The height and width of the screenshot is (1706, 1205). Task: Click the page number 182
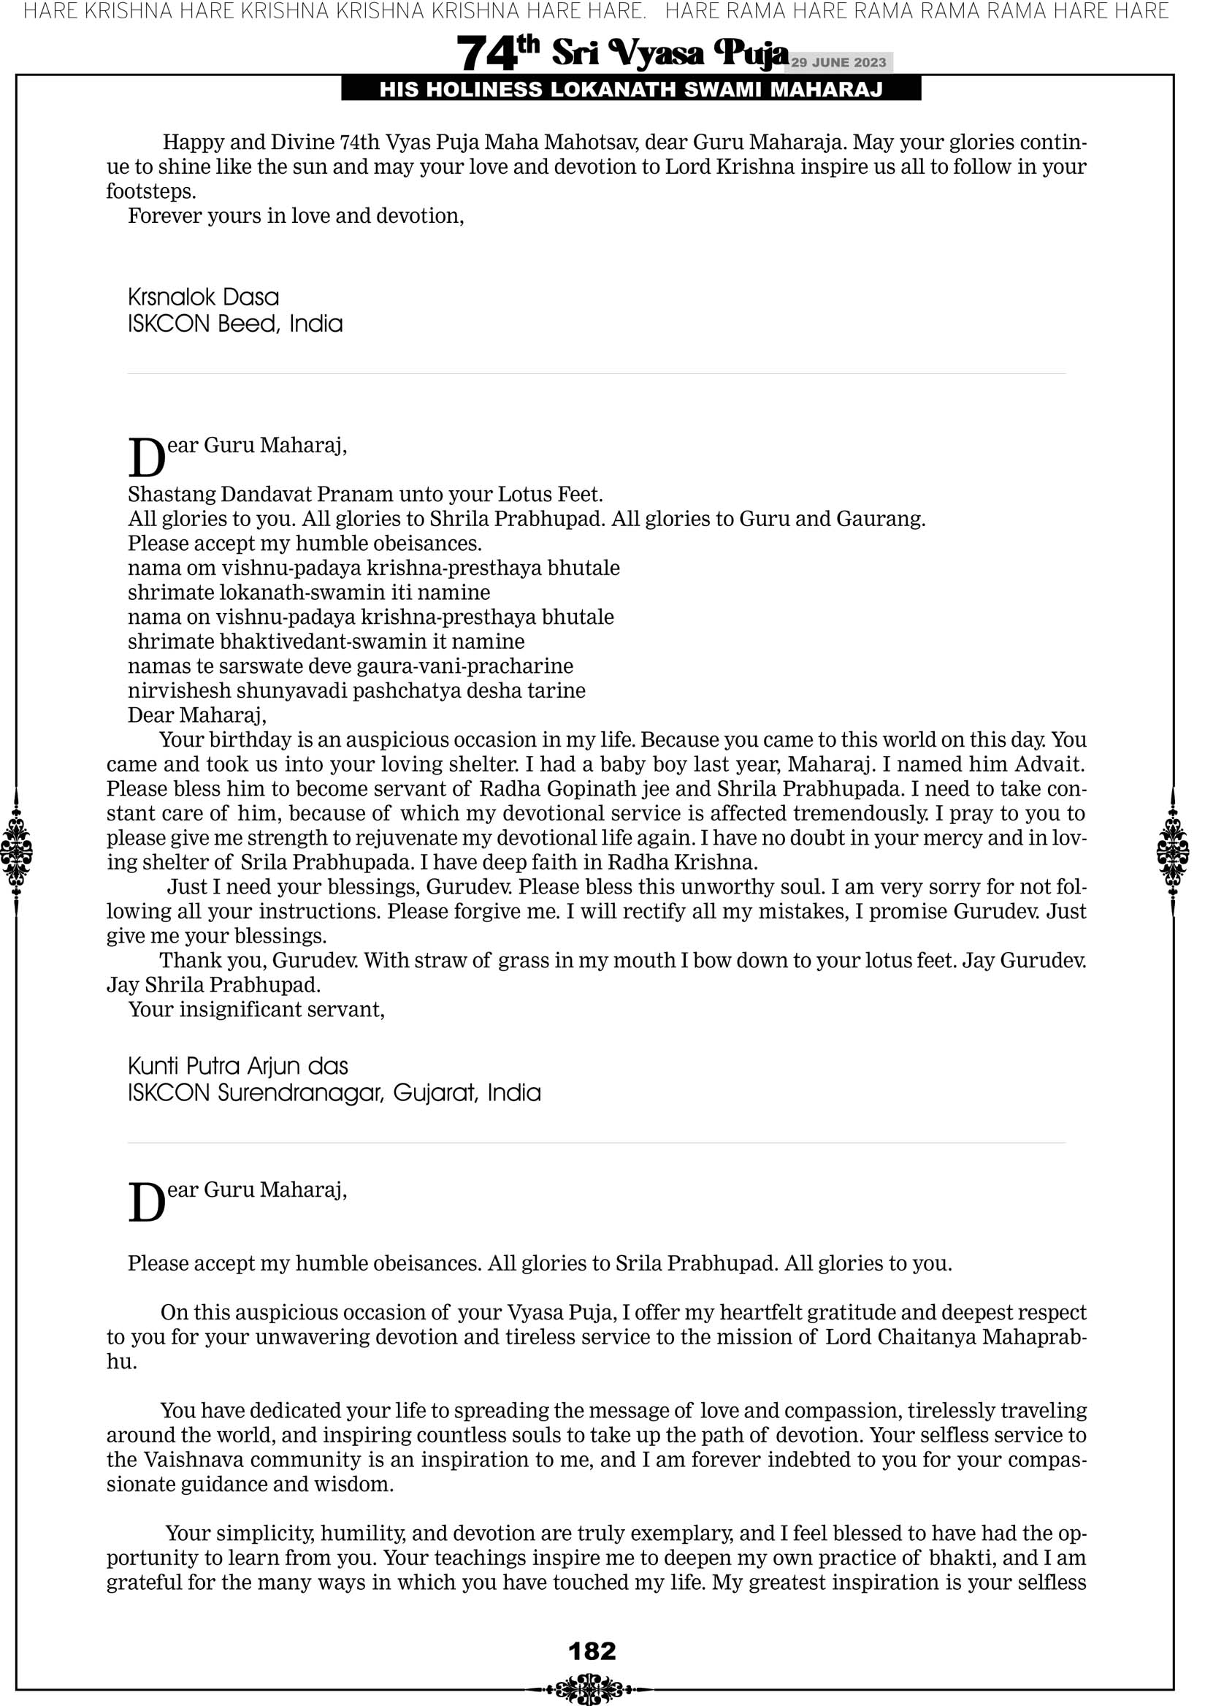point(592,1650)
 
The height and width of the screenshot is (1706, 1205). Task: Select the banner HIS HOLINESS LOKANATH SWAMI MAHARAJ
point(631,90)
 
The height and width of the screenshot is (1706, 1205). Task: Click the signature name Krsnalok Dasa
point(204,297)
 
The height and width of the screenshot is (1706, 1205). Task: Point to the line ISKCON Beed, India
point(234,324)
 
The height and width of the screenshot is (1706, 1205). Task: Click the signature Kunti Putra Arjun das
point(238,1066)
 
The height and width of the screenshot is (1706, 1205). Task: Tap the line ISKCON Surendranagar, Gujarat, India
point(334,1093)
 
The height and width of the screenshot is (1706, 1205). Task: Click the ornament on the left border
point(16,851)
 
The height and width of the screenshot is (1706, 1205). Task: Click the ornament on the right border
point(1173,851)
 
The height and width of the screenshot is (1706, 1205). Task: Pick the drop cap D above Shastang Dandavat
point(146,457)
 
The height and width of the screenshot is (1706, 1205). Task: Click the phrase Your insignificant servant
point(256,1009)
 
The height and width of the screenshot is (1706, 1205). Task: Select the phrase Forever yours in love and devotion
point(296,216)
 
